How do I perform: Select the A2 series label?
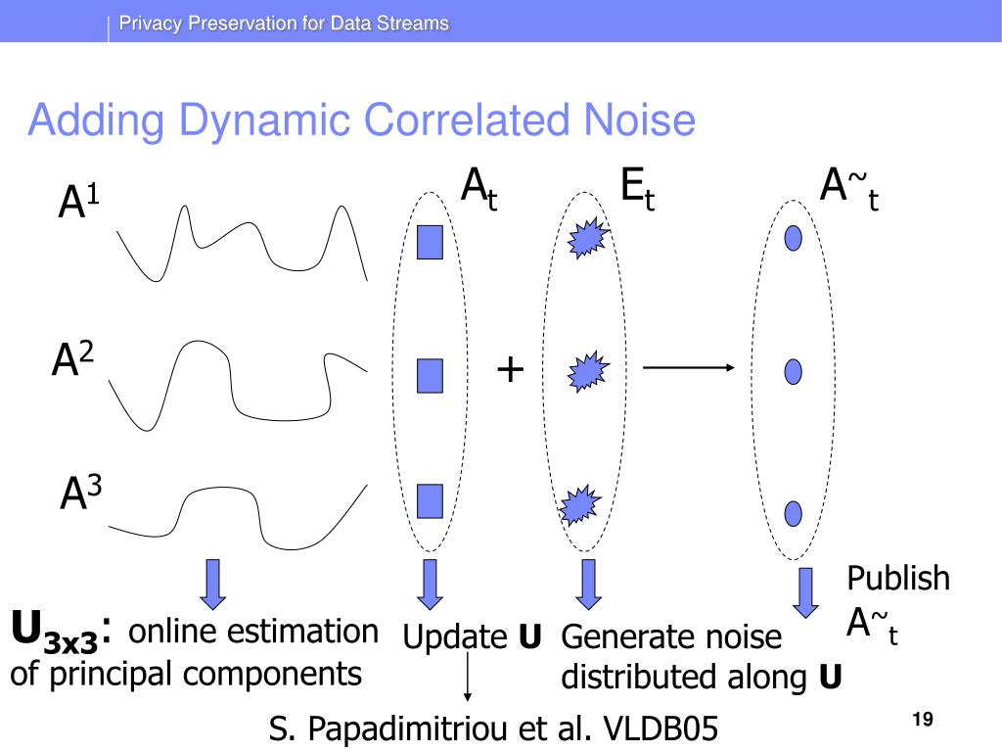pyautogui.click(x=73, y=361)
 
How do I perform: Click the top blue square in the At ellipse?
pyautogui.click(x=430, y=242)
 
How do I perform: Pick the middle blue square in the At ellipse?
pyautogui.click(x=430, y=374)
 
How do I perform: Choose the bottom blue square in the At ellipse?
pyautogui.click(x=430, y=500)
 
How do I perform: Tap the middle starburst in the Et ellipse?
pyautogui.click(x=587, y=372)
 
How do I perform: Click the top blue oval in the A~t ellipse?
pyautogui.click(x=795, y=237)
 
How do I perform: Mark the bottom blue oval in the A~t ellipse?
pyautogui.click(x=795, y=512)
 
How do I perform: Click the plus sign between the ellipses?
pyautogui.click(x=510, y=371)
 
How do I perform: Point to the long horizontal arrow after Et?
pyautogui.click(x=687, y=368)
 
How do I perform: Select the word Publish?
pyautogui.click(x=897, y=578)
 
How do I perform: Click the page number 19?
pyautogui.click(x=920, y=721)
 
